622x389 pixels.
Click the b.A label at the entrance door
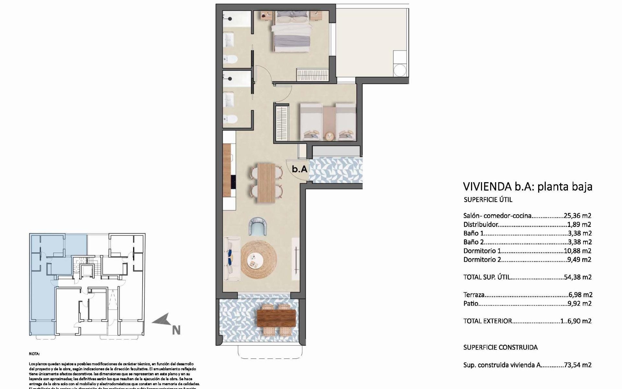click(x=299, y=169)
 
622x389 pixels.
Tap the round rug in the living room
click(x=259, y=260)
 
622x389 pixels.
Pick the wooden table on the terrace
click(x=276, y=318)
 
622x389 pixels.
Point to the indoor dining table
click(x=266, y=183)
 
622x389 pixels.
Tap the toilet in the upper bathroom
click(x=231, y=59)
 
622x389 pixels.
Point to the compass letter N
click(x=176, y=331)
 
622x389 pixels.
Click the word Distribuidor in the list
click(x=480, y=224)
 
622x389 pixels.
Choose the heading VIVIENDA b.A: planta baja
click(x=528, y=186)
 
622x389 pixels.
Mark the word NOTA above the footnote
click(x=34, y=354)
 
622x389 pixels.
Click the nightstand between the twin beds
click(x=330, y=136)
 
